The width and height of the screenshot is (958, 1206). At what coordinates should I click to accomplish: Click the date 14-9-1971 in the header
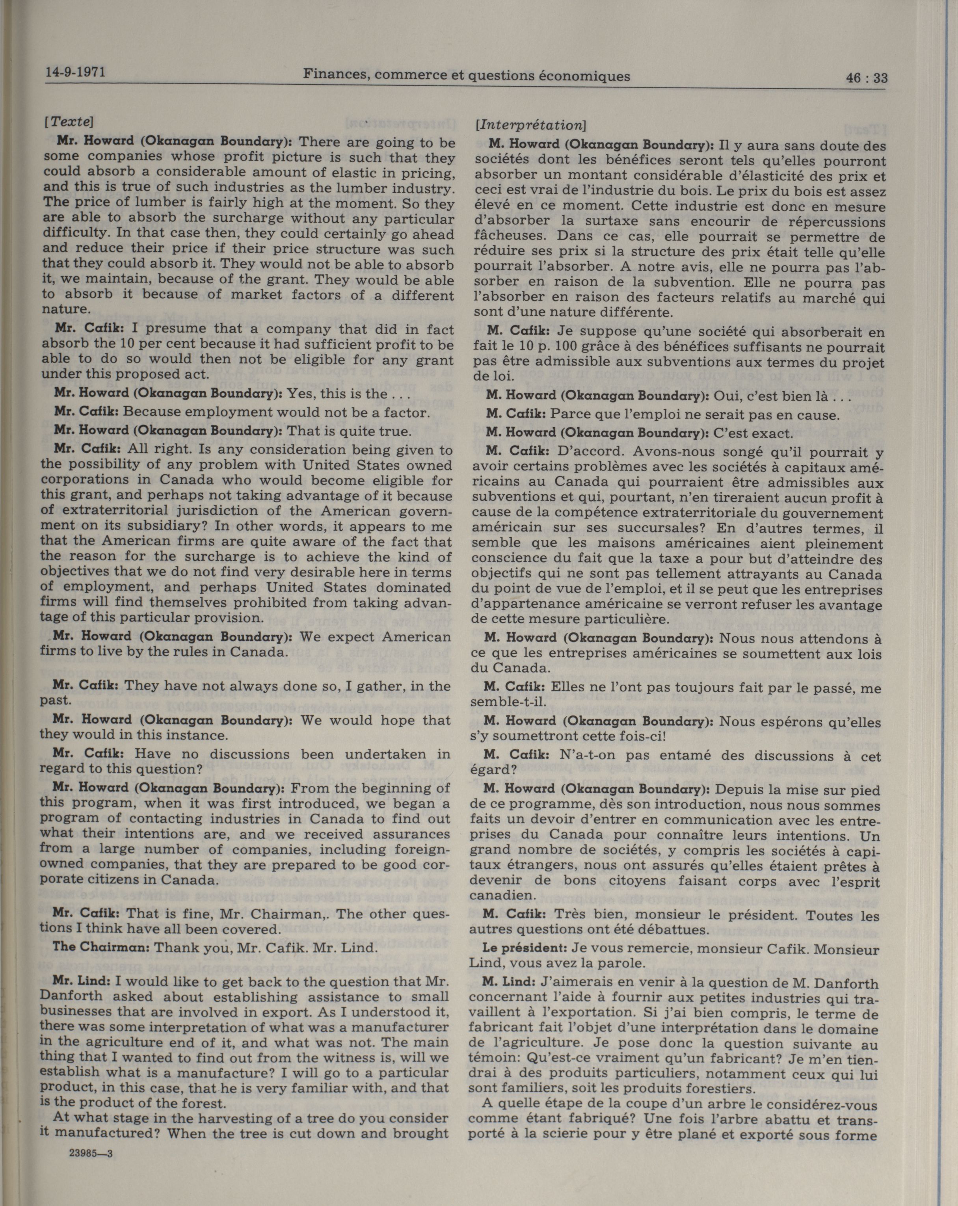(76, 73)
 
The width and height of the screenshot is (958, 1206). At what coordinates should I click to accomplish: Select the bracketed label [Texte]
(68, 121)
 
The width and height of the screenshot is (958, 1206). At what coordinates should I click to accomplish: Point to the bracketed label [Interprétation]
(530, 125)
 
